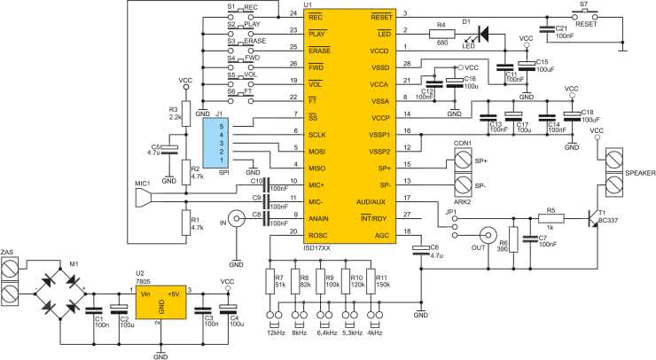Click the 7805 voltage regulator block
(161, 303)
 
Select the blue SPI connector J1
(215, 143)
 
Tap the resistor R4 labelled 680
(441, 34)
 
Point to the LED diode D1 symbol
(484, 34)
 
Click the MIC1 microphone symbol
(143, 198)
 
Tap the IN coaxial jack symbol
(237, 218)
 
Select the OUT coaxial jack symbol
(488, 235)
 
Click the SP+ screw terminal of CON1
(463, 160)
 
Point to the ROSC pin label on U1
(318, 235)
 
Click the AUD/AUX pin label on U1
(371, 202)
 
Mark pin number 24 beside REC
(293, 13)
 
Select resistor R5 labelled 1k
(551, 218)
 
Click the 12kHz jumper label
(276, 333)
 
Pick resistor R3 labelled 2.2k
(186, 113)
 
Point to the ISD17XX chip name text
(316, 248)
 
